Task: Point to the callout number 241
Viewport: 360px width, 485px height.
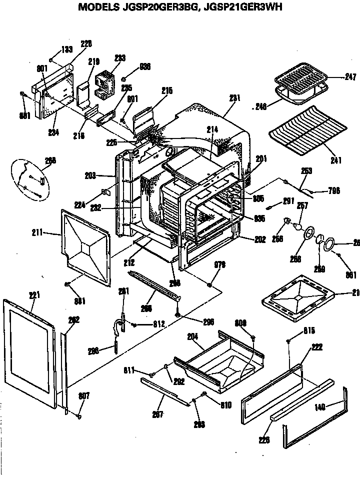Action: pos(335,160)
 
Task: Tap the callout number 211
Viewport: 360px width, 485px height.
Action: pos(50,232)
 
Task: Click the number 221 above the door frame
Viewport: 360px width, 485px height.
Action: pos(34,295)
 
